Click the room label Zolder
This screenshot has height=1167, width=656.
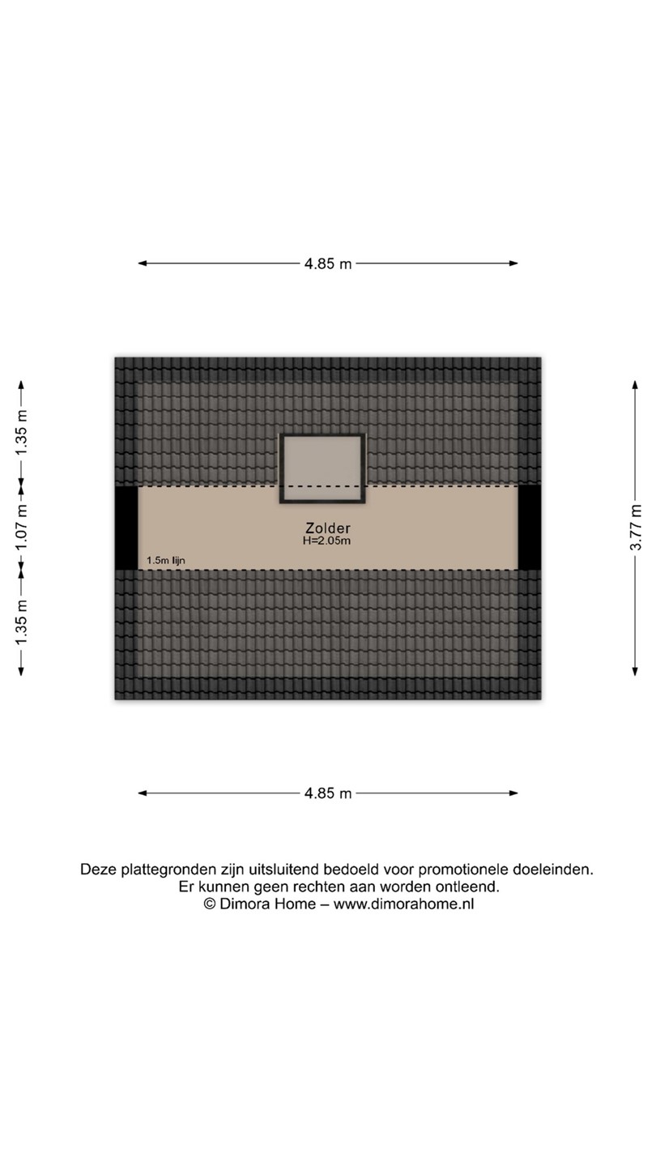coord(328,526)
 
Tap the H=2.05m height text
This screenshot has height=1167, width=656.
coord(328,540)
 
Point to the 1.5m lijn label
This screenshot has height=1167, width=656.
coord(165,560)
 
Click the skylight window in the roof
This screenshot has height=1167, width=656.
coord(322,468)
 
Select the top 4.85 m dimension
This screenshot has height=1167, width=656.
coord(328,263)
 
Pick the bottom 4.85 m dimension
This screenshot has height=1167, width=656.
coord(328,793)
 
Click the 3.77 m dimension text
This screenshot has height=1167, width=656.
coord(637,528)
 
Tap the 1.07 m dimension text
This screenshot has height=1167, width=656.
coord(22,528)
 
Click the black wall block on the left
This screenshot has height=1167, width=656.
coord(126,528)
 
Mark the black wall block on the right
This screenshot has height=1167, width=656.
coord(530,528)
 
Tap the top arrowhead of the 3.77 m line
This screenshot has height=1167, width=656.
coord(637,383)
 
